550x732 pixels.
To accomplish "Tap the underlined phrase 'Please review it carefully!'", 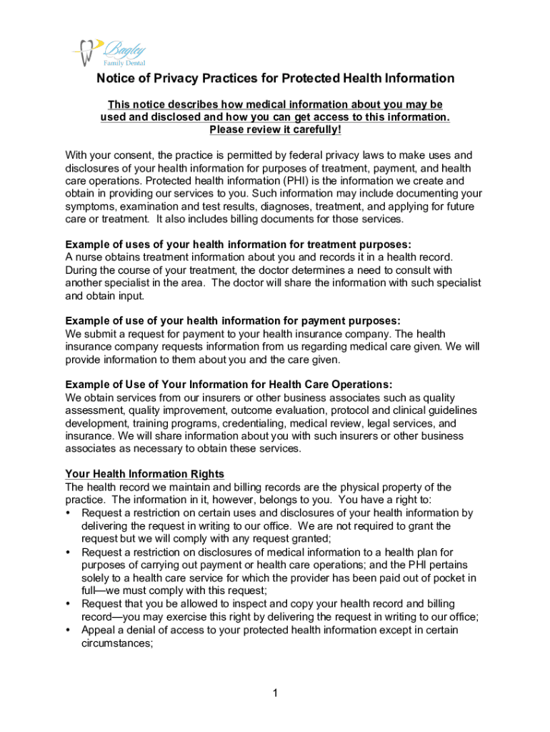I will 275,129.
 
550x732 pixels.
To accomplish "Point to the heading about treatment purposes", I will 238,244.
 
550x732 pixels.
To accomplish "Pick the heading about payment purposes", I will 233,320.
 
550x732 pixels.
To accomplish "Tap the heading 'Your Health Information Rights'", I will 145,474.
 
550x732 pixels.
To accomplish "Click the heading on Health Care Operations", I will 229,385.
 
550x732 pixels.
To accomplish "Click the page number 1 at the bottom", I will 274,693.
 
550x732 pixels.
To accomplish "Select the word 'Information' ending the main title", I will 419,79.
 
